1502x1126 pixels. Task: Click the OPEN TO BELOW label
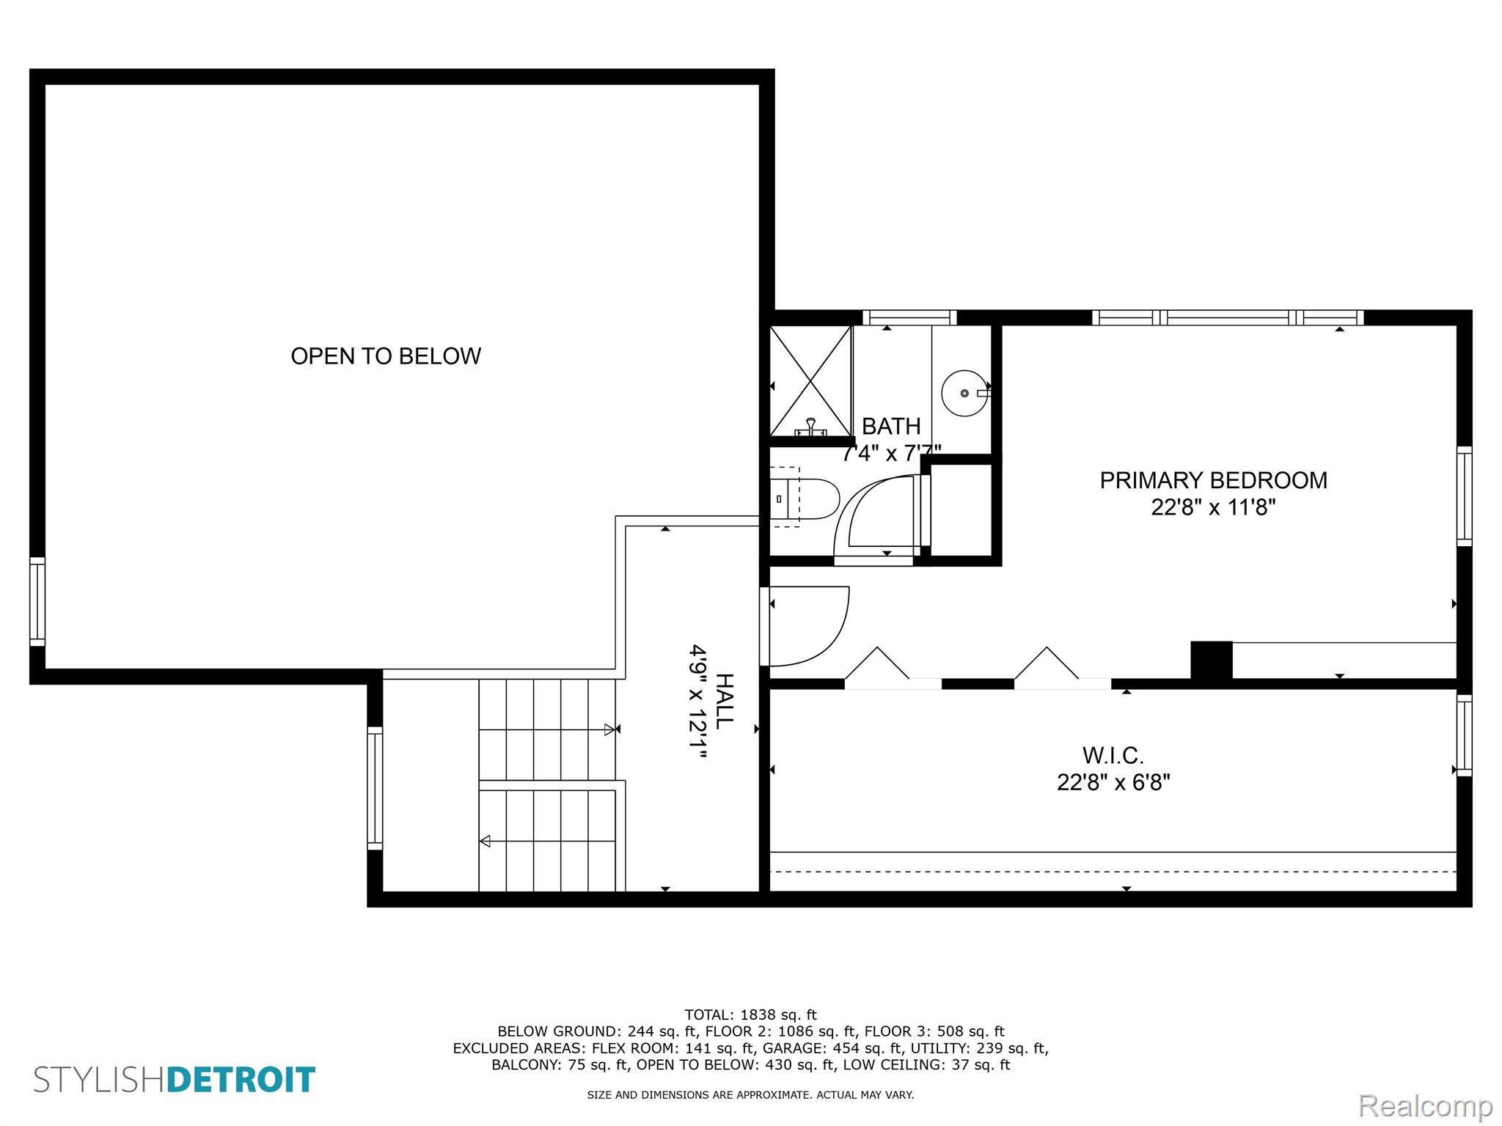click(x=386, y=356)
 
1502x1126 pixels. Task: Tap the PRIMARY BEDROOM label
click(x=1213, y=480)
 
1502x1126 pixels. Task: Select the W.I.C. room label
click(x=1113, y=755)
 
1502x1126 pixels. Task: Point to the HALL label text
click(x=724, y=702)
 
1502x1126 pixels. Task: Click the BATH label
click(x=891, y=426)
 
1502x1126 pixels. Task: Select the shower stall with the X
click(x=810, y=381)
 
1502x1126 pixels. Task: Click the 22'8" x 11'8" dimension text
click(x=1213, y=507)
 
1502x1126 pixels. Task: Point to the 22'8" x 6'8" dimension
click(x=1113, y=782)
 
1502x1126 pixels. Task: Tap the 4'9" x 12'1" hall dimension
click(x=697, y=702)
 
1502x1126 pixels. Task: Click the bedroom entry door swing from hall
click(x=807, y=627)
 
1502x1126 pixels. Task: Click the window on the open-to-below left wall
click(x=37, y=602)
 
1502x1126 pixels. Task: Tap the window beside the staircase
click(x=375, y=788)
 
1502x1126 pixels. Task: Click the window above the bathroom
click(x=909, y=317)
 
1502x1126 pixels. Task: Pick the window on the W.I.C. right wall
click(x=1464, y=735)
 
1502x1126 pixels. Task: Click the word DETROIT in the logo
click(x=241, y=1080)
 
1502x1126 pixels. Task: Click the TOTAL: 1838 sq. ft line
click(x=750, y=1015)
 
